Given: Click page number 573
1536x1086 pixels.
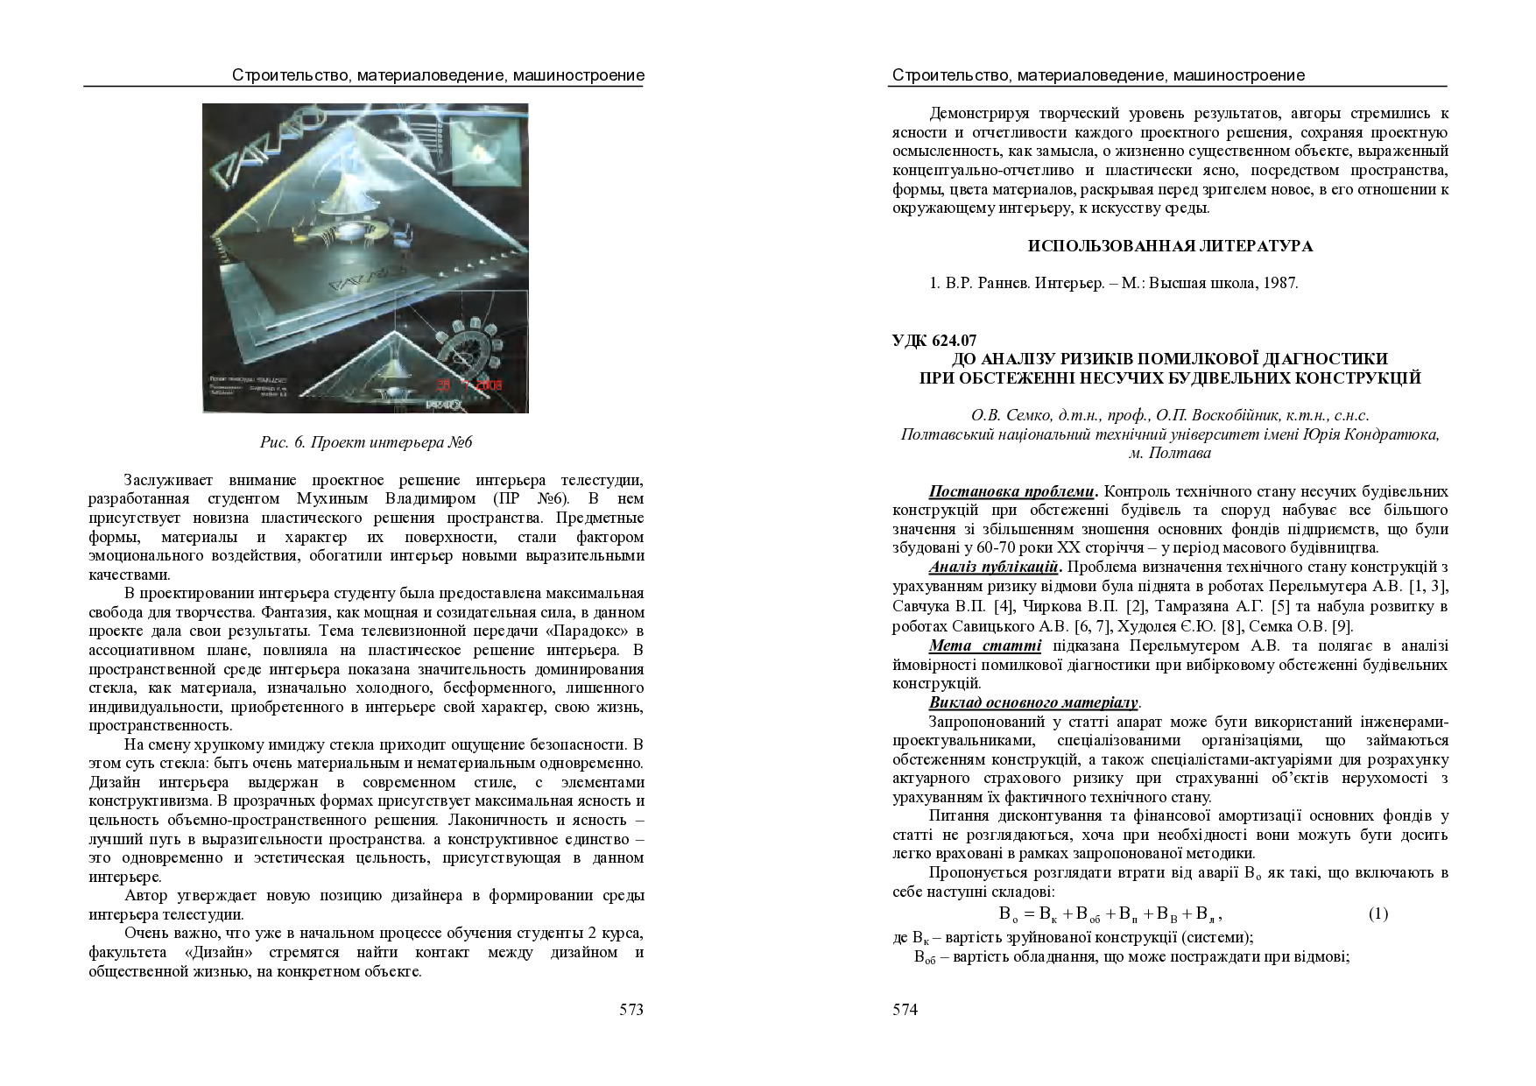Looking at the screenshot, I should coord(631,1010).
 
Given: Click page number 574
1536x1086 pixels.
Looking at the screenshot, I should coord(905,1010).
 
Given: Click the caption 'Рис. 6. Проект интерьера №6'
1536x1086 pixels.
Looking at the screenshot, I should coord(366,442).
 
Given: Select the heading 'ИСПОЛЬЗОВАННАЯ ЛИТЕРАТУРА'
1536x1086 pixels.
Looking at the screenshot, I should coord(1170,246).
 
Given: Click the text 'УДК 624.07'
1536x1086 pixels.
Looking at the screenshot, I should coord(934,341).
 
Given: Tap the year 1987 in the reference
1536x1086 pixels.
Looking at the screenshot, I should coord(1282,283).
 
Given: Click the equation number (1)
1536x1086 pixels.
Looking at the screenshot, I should coord(1377,914).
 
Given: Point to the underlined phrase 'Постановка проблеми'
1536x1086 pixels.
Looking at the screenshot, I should coord(1011,491).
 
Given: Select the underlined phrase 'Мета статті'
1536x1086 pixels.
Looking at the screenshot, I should coord(984,645).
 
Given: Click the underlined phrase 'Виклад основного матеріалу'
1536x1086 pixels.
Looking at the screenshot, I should coord(1032,702).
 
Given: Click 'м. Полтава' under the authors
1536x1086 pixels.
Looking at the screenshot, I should coord(1170,453).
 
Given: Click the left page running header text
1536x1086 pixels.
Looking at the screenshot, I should coord(438,75).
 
